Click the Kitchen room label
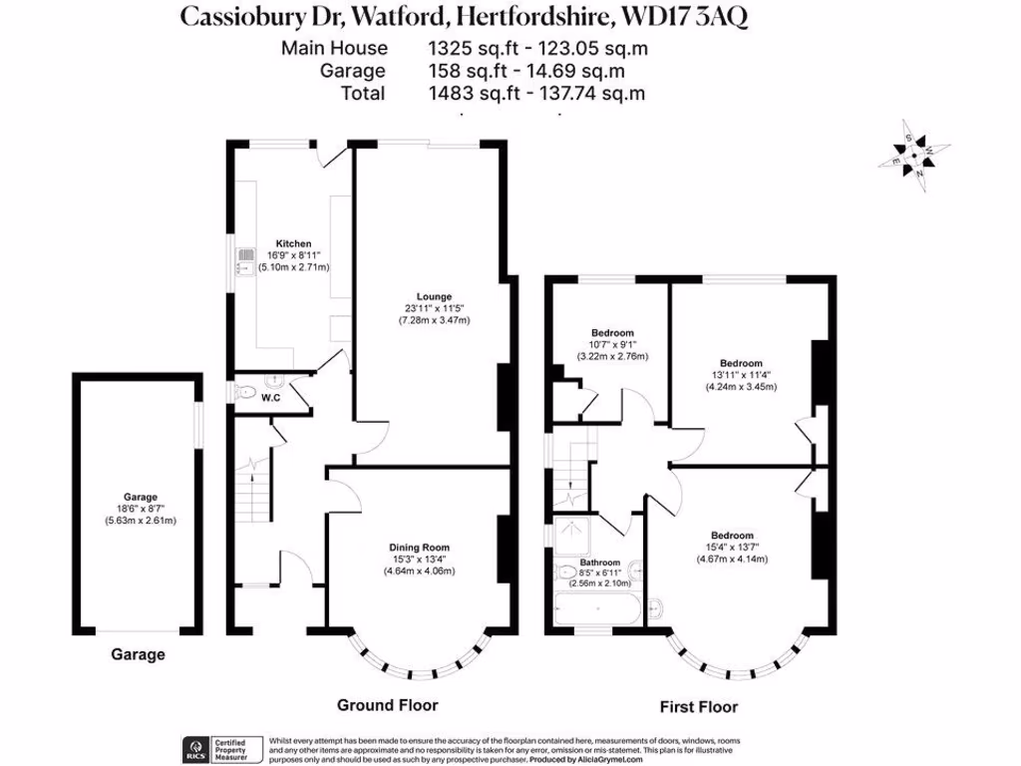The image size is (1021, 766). coord(294,243)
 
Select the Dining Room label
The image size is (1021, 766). coord(419,547)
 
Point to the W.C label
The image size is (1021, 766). coord(271,399)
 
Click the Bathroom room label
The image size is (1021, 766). coord(600,563)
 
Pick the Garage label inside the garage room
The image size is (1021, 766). coord(141,497)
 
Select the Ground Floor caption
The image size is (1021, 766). coord(387,705)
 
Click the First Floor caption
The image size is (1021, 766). coord(699,707)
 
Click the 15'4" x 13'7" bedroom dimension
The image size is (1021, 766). coord(732,547)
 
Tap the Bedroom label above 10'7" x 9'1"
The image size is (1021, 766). coord(612,332)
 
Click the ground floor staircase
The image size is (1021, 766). coord(256,499)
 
